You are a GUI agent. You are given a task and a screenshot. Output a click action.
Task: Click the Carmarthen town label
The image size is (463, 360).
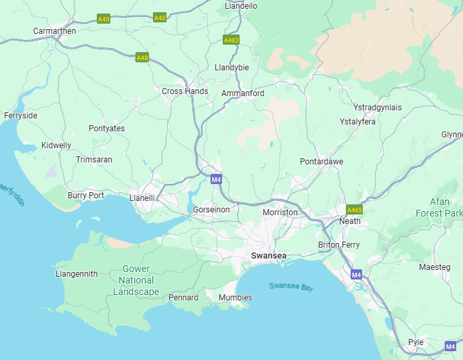[x=55, y=31]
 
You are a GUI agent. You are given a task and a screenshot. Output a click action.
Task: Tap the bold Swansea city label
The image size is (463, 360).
[x=269, y=256]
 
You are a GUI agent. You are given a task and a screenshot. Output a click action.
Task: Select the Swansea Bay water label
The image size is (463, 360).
[x=291, y=287]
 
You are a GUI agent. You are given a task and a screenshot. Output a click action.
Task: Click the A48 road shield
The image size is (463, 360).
[x=142, y=58]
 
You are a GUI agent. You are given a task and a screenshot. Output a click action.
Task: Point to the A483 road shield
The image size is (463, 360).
[x=231, y=40]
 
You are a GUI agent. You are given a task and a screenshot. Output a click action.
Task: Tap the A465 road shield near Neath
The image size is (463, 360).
[x=354, y=210]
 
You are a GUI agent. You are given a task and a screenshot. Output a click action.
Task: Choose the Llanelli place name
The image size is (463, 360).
[x=142, y=198]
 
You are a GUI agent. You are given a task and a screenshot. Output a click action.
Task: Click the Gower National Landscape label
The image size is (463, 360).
[x=136, y=280]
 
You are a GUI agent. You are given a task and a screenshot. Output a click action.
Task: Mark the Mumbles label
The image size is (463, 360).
[x=236, y=298]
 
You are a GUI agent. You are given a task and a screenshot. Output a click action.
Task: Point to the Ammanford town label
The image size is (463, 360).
[x=243, y=93]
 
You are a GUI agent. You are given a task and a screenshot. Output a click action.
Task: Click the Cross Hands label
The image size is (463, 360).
[x=185, y=91]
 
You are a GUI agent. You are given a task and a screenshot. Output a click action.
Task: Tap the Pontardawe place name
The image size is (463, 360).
[x=322, y=162]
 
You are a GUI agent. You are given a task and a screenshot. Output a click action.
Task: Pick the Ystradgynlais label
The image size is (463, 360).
[x=378, y=108]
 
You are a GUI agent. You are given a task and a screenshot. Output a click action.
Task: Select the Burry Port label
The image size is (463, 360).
[x=86, y=196]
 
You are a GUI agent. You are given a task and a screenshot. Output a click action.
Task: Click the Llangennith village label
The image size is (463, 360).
[x=76, y=274]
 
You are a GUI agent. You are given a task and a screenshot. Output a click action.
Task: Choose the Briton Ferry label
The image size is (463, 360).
[x=339, y=245]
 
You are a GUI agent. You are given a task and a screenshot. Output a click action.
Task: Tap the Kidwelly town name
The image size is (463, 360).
[x=56, y=145]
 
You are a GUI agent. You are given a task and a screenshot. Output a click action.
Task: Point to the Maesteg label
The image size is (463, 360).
[x=435, y=267]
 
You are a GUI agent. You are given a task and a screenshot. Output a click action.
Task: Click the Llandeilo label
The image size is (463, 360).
[x=241, y=6]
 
